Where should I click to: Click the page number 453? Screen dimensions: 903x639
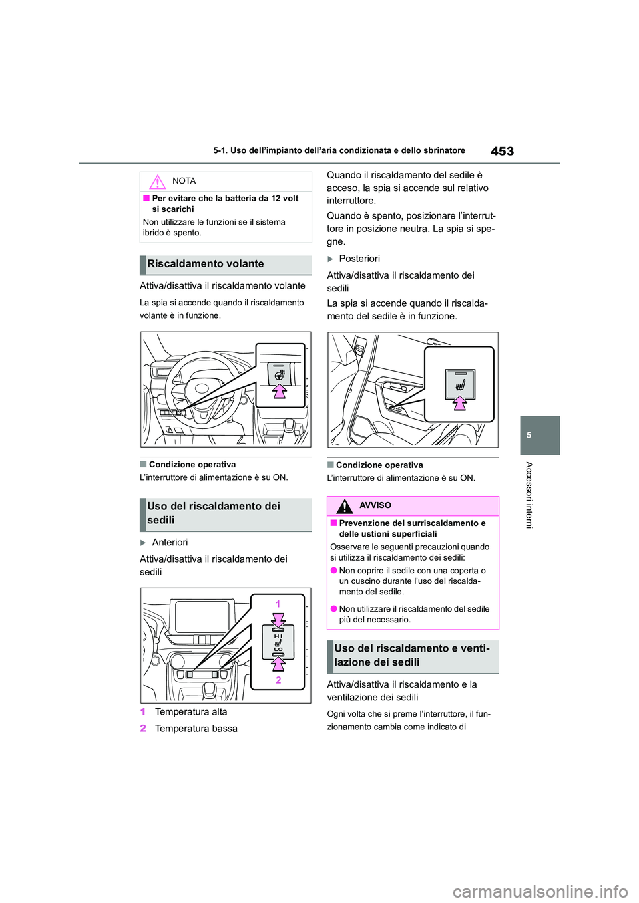502,151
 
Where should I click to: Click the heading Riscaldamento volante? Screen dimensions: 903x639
206,264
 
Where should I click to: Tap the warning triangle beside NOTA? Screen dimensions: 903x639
157,182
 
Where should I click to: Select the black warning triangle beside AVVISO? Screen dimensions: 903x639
344,507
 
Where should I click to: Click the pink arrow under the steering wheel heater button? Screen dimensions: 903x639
280,391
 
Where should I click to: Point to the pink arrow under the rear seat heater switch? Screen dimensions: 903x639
460,403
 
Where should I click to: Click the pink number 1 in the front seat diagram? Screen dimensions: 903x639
278,604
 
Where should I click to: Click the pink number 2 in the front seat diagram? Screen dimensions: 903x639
278,680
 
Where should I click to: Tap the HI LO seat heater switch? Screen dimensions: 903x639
278,642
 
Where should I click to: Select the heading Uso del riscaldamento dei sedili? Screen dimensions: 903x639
214,513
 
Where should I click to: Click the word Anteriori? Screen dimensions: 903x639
170,543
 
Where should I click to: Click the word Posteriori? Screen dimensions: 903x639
359,259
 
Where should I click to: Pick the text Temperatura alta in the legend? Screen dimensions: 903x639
191,712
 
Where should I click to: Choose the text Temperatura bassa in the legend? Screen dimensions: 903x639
196,729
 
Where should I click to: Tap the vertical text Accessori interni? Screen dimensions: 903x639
529,495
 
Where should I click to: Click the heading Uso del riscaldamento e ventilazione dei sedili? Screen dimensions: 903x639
411,656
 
